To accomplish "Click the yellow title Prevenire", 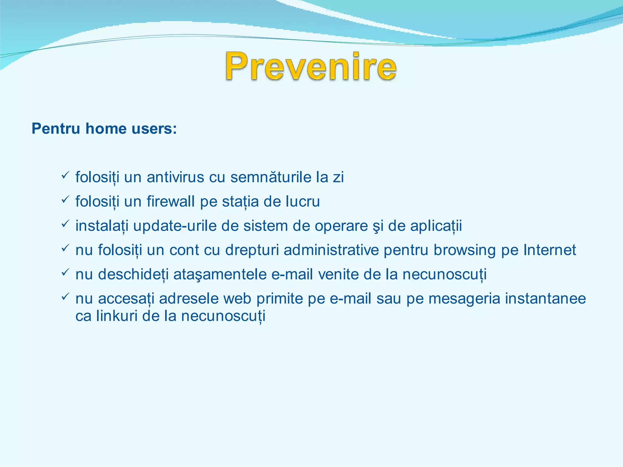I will coord(311,66).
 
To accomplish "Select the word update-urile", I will coord(175,226).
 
